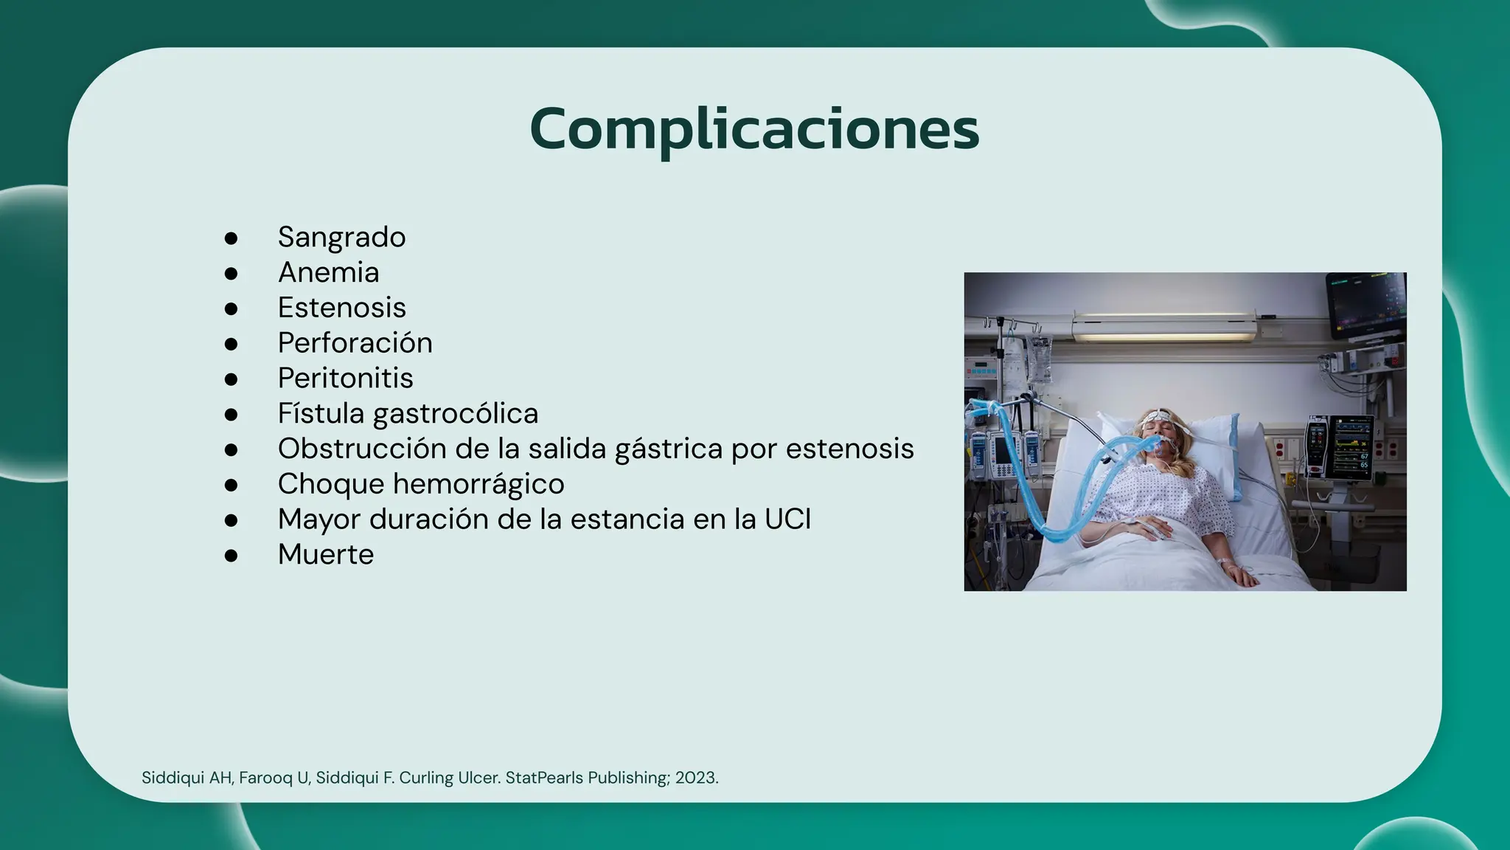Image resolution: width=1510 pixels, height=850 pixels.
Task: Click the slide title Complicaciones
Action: click(x=754, y=129)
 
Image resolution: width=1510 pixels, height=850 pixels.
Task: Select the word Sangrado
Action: click(x=341, y=237)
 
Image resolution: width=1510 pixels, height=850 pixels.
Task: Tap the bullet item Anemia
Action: click(x=328, y=272)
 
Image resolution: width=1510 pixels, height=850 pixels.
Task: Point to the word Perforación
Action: click(x=355, y=343)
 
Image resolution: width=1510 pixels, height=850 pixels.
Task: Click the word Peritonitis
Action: click(x=345, y=379)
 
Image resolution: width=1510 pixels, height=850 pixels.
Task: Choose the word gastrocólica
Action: click(x=455, y=414)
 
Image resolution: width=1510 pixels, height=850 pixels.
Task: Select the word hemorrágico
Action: click(x=479, y=485)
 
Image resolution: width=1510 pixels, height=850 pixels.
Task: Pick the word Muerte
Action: click(x=325, y=555)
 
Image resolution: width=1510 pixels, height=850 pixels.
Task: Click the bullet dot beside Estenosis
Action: click(x=231, y=308)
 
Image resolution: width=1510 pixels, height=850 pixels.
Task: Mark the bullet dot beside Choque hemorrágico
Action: click(x=231, y=486)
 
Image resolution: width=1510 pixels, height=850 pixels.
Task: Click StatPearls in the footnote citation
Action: click(x=543, y=778)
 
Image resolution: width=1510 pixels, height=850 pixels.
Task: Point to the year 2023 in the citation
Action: click(x=695, y=778)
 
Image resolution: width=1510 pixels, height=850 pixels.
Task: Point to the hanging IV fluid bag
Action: click(x=1040, y=362)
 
